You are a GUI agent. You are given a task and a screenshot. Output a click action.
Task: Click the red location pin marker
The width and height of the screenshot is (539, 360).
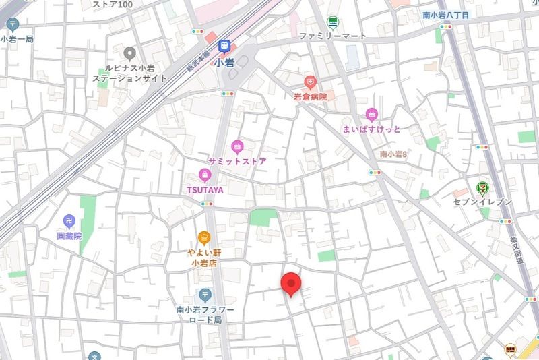point(290,284)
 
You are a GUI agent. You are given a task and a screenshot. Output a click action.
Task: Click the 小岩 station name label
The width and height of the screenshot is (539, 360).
point(224,63)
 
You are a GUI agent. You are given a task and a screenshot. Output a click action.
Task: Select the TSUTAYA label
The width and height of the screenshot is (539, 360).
point(205,189)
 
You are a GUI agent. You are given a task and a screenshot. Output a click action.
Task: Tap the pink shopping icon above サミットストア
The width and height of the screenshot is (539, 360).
point(236,146)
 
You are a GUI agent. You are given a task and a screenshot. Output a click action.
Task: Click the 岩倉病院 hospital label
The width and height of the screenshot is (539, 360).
point(310,97)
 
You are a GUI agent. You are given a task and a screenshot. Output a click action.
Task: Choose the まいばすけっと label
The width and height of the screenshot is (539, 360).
point(371,129)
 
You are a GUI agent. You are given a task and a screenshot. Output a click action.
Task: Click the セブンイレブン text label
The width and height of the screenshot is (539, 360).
point(483,202)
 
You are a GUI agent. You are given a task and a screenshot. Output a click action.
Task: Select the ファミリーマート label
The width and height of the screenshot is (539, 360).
point(333,35)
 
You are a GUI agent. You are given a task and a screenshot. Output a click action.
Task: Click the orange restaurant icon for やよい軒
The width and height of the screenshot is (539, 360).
point(205,237)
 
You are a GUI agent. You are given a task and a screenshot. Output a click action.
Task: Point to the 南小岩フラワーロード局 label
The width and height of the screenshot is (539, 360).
point(205,315)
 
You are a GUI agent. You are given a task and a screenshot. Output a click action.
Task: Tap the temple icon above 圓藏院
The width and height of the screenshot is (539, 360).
point(69,220)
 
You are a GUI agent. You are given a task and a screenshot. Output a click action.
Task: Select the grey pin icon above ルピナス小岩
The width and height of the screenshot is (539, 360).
point(129,52)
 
